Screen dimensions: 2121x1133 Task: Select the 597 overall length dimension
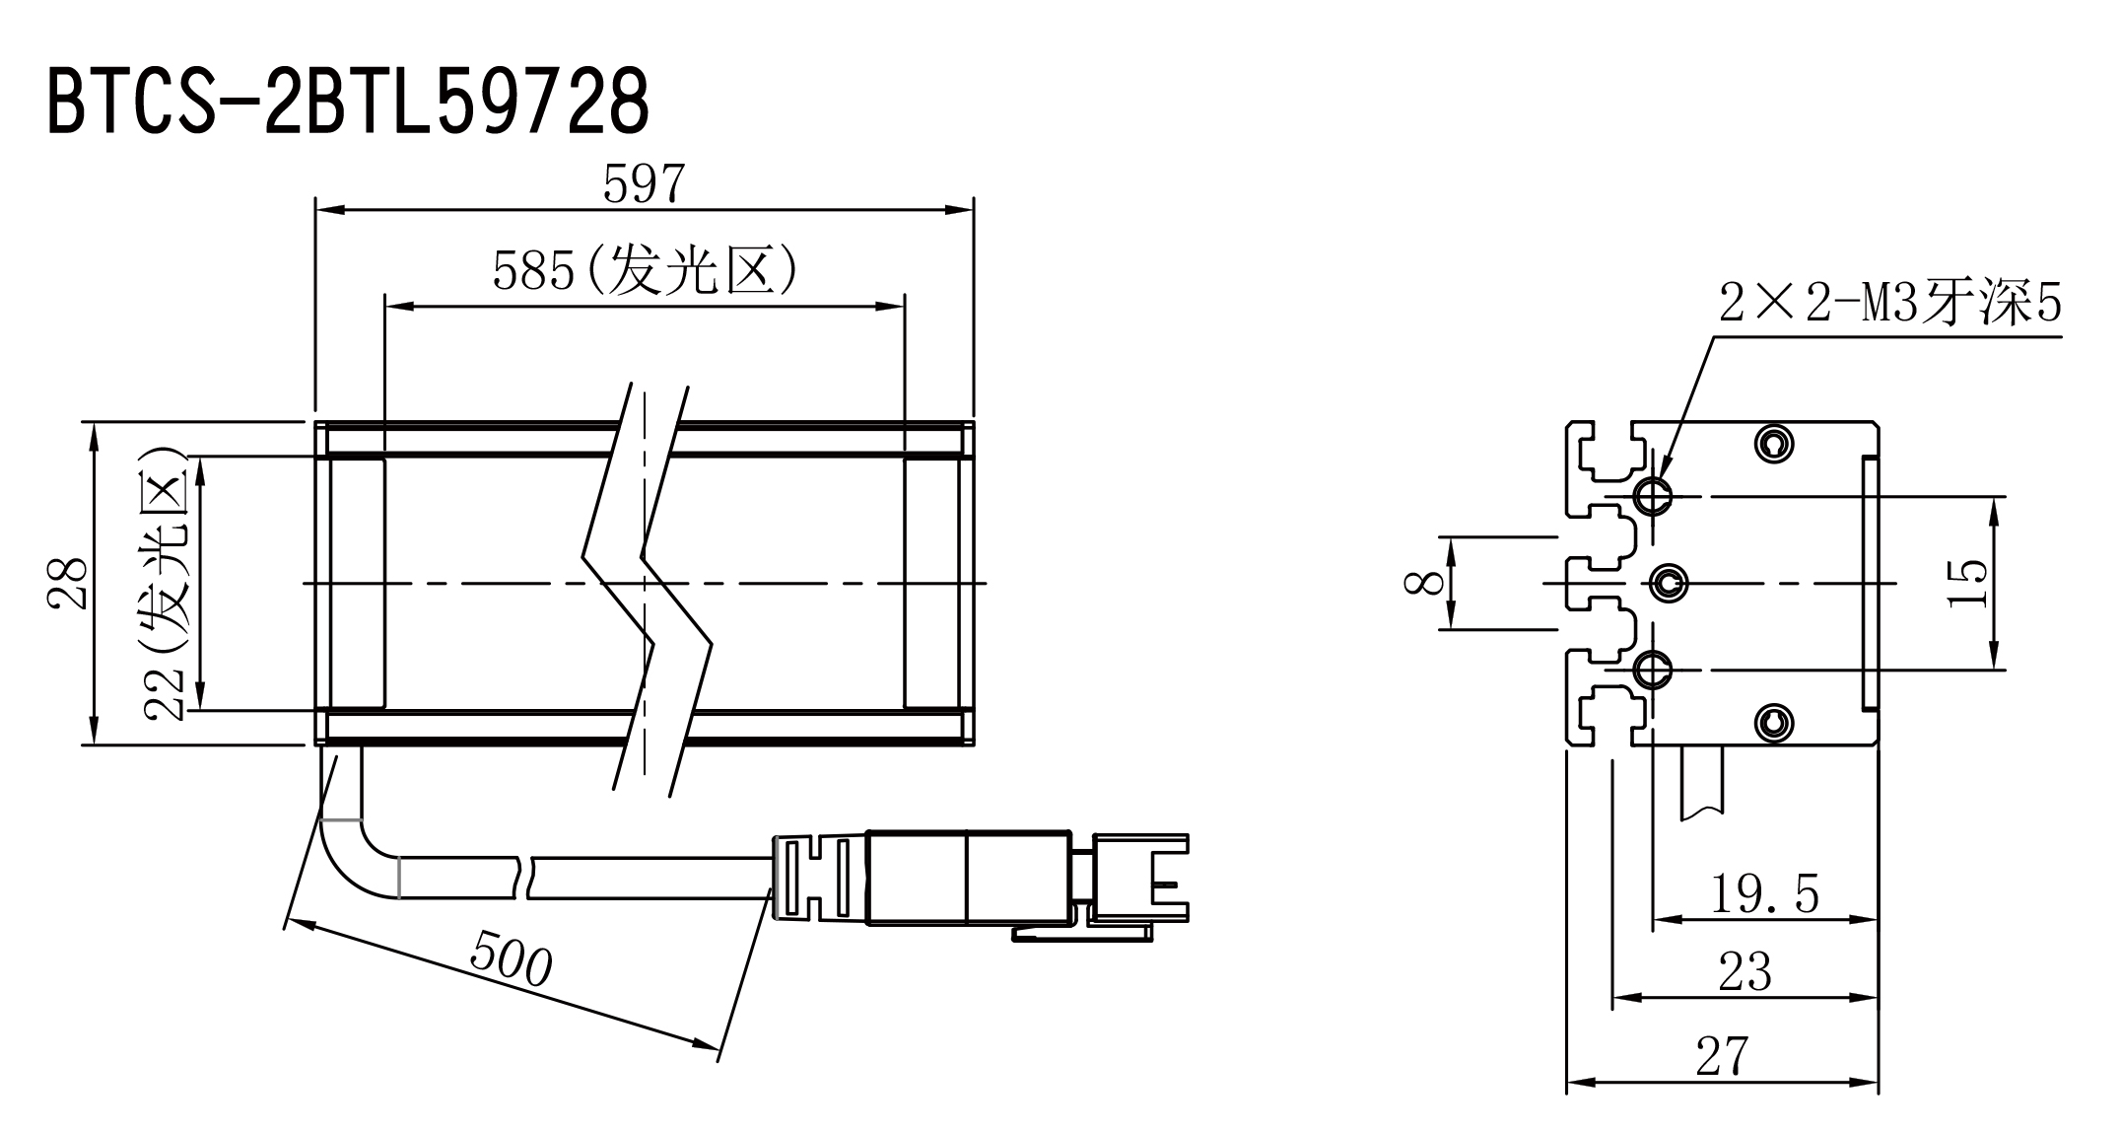point(644,183)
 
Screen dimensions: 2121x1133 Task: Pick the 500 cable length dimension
point(511,957)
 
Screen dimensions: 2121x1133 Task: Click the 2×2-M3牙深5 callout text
point(1890,303)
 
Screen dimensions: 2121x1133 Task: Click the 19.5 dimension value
point(1764,893)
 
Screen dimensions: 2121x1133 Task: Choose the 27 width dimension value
point(1722,1056)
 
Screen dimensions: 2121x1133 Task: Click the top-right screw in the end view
point(1775,443)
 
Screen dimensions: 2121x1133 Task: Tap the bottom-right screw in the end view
point(1775,724)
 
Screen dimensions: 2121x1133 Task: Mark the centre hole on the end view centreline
point(1668,583)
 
